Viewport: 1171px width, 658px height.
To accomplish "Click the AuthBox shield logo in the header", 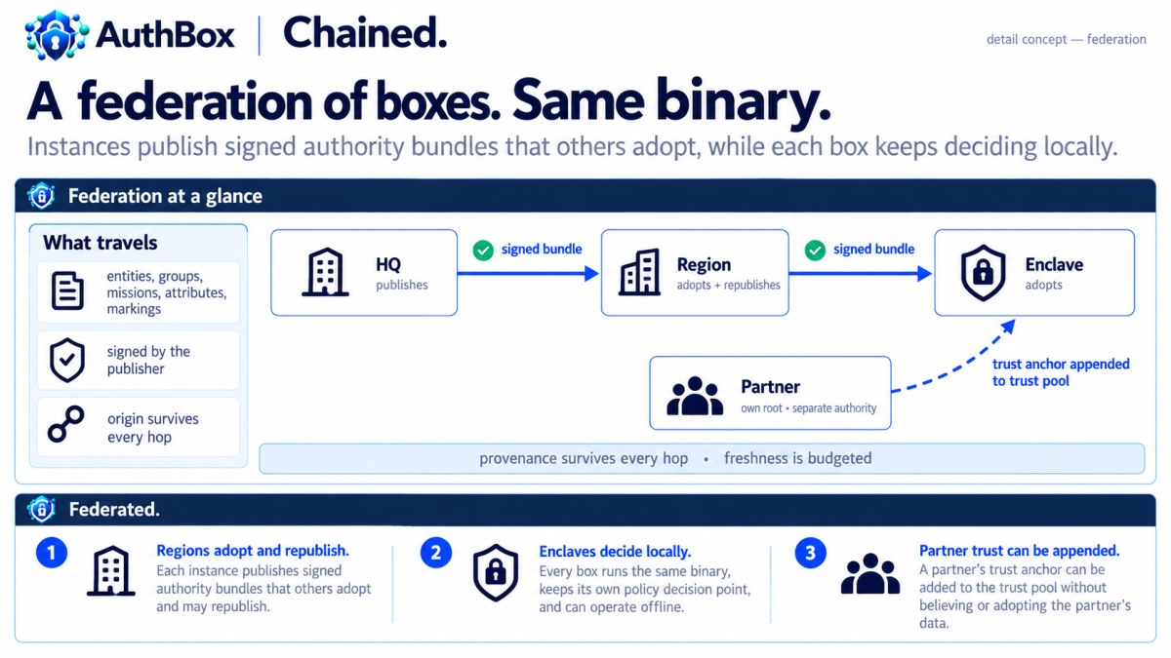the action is (57, 35).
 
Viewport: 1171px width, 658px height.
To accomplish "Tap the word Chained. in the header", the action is (365, 33).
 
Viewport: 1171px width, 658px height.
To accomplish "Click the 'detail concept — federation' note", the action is (1066, 40).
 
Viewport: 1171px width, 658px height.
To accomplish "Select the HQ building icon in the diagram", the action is (325, 272).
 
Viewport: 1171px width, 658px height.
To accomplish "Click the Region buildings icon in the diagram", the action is (639, 272).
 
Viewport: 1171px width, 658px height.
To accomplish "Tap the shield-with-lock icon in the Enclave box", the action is (983, 273).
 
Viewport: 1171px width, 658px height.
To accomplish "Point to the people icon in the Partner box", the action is (695, 396).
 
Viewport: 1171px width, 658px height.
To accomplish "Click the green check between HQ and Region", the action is (483, 251).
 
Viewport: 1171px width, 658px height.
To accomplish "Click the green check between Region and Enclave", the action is (815, 251).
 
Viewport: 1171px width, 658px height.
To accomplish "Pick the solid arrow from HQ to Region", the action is (528, 273).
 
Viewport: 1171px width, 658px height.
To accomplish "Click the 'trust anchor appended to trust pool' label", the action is (1061, 372).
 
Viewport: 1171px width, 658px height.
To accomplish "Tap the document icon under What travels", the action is (67, 290).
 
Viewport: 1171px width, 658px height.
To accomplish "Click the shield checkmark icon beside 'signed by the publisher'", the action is (67, 361).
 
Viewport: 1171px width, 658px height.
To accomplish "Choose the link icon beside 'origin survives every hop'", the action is (66, 424).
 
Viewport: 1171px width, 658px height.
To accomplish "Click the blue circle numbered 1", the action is (52, 553).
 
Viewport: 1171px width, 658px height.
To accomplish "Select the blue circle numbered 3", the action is (810, 553).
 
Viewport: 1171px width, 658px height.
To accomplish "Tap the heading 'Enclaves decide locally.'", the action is (615, 552).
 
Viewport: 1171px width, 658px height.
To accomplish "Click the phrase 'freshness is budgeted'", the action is (798, 458).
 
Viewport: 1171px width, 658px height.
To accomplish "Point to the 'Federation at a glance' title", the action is (165, 196).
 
